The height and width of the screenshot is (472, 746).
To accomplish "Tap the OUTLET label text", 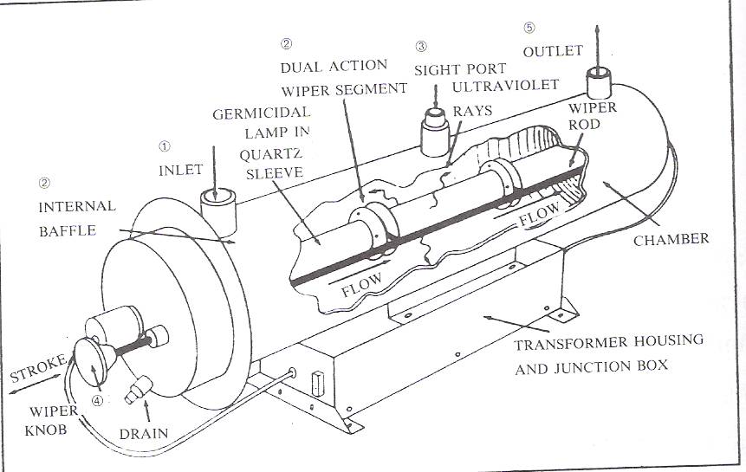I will point(553,52).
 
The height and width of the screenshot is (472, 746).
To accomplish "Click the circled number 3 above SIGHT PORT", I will point(422,46).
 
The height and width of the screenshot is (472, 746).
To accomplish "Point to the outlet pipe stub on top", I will point(599,84).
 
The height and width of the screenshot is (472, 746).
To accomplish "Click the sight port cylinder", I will point(437,133).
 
